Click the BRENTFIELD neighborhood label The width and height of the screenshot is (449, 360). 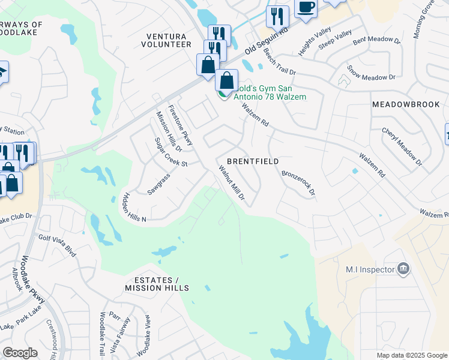click(x=253, y=162)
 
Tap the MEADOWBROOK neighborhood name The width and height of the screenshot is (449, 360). click(x=406, y=104)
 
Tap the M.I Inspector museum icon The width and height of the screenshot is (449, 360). click(x=404, y=269)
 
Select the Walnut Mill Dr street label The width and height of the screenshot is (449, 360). click(x=232, y=183)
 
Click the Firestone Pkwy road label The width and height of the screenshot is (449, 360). click(x=180, y=125)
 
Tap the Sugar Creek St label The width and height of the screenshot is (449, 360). click(x=171, y=154)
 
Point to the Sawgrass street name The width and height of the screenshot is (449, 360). click(x=158, y=184)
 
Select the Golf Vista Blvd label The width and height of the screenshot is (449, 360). click(x=57, y=246)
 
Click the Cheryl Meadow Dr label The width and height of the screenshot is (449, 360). click(x=402, y=146)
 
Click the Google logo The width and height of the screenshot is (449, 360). click(x=20, y=352)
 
